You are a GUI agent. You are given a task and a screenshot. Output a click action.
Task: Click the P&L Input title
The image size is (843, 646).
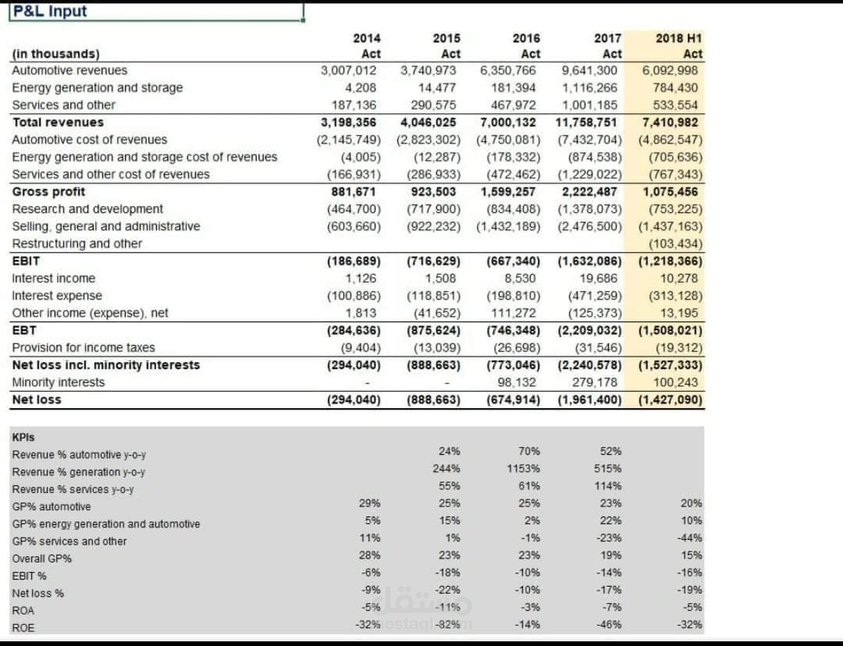tap(50, 12)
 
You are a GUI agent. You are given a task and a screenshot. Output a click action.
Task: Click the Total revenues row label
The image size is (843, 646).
tap(58, 122)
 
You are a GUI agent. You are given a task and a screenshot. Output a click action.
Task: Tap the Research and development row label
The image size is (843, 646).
tap(87, 209)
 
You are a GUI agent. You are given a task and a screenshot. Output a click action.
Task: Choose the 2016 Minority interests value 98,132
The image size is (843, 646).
tap(517, 382)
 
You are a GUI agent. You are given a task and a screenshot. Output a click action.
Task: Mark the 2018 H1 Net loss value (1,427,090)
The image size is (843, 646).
tap(670, 400)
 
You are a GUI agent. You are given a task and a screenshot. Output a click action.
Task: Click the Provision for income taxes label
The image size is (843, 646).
tap(84, 348)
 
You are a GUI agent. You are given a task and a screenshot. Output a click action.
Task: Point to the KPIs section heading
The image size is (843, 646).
tap(23, 438)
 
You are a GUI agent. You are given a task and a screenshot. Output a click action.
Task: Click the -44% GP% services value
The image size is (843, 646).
tap(690, 538)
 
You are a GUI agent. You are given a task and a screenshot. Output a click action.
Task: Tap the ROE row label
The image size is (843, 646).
tap(23, 628)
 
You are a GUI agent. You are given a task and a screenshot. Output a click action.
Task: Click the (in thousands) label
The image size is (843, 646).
tap(55, 54)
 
